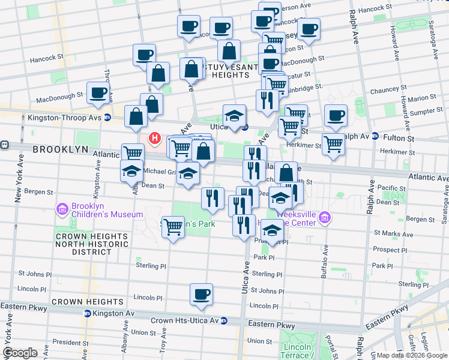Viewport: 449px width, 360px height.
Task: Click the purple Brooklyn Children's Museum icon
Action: pyautogui.click(x=62, y=209)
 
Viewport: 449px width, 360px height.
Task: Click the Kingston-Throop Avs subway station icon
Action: pyautogui.click(x=107, y=118)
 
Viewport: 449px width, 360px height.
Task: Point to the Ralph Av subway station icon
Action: pyautogui.click(x=374, y=136)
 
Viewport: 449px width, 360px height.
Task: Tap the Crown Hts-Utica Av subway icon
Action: pyautogui.click(x=223, y=320)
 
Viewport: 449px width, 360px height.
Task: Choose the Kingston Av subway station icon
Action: pyautogui.click(x=87, y=313)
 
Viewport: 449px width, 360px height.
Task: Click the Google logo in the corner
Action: pyautogui.click(x=20, y=353)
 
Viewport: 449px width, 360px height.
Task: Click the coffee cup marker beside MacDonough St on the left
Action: pyautogui.click(x=98, y=93)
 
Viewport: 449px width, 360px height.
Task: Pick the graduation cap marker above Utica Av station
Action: pyautogui.click(x=235, y=115)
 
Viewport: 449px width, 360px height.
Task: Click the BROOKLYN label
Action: pyautogui.click(x=60, y=149)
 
